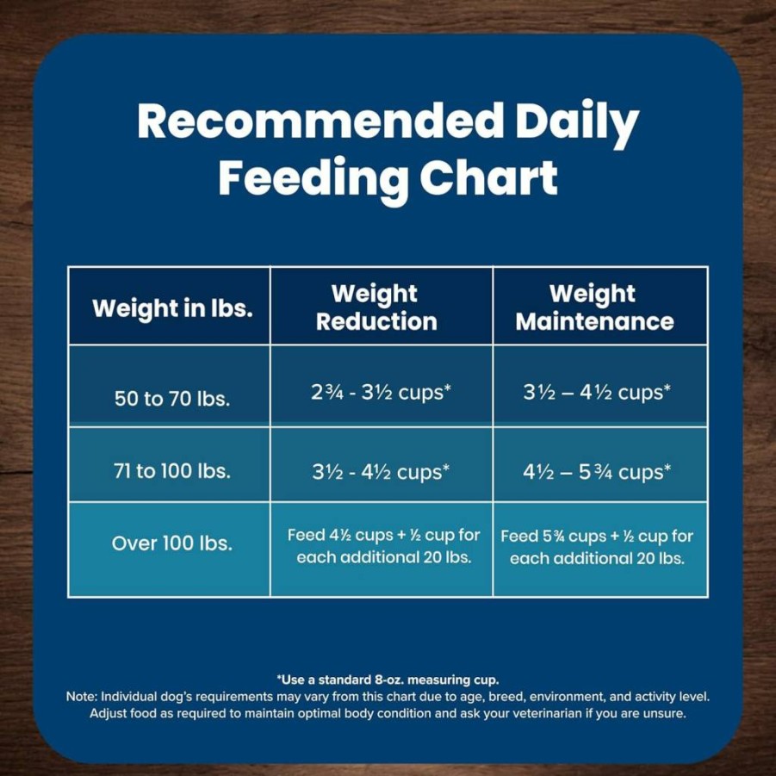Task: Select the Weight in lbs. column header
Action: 172,309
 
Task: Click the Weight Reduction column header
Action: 376,307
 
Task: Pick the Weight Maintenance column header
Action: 594,307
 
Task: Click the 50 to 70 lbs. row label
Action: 172,399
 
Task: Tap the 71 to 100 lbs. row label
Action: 172,470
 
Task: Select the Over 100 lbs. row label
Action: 172,543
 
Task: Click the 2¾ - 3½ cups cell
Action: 381,392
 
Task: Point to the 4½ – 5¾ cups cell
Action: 597,472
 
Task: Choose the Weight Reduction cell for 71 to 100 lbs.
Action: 381,472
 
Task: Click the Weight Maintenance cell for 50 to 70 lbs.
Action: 597,392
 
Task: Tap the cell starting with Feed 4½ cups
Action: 383,546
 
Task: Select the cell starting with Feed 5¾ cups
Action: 597,548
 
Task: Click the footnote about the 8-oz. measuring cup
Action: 388,680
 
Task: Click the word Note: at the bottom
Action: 82,697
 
